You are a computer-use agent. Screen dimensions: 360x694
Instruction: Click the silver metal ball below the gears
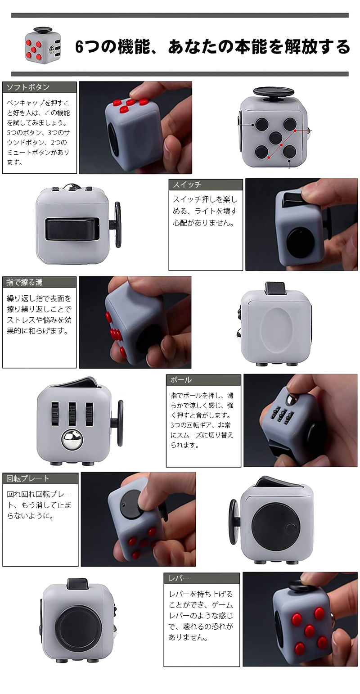click(x=72, y=439)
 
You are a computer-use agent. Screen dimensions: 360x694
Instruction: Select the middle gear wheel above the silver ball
click(x=72, y=413)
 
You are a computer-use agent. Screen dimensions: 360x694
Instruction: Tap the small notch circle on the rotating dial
click(x=291, y=527)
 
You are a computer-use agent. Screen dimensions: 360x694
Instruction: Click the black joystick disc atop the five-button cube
click(x=274, y=92)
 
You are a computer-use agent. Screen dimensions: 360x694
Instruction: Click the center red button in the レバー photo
click(x=310, y=630)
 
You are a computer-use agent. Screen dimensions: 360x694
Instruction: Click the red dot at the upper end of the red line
click(x=295, y=131)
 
